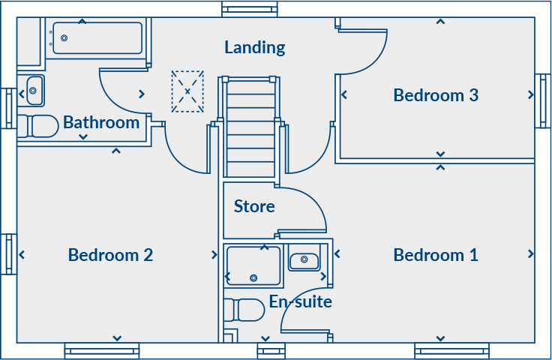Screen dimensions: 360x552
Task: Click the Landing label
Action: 255,48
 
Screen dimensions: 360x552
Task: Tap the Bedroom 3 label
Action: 436,95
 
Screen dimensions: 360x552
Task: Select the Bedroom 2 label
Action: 110,255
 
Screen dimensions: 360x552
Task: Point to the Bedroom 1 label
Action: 436,255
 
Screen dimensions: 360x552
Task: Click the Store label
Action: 254,206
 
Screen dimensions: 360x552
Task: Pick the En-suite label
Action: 301,302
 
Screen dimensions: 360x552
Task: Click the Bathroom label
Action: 101,122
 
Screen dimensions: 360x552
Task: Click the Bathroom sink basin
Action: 34,91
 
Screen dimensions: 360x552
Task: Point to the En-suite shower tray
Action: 254,265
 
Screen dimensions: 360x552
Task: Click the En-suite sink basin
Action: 304,260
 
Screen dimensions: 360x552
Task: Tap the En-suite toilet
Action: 244,309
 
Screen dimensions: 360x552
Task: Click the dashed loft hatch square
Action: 187,91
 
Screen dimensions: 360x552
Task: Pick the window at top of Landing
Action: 250,9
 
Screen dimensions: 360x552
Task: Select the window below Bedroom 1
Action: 451,349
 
